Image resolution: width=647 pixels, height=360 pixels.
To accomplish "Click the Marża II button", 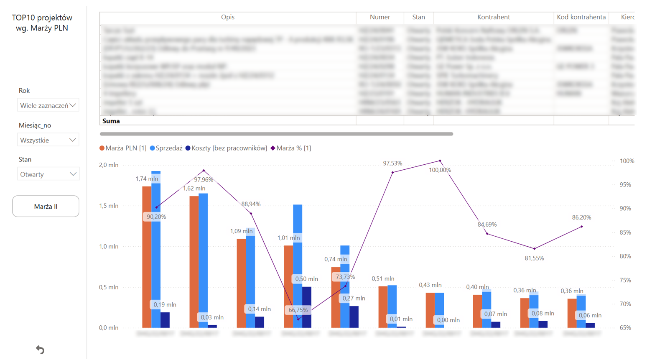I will pyautogui.click(x=46, y=206).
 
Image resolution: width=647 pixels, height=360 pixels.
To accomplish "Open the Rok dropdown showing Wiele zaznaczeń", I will pyautogui.click(x=48, y=105).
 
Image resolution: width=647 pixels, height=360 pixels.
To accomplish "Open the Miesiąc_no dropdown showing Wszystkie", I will pyautogui.click(x=48, y=140).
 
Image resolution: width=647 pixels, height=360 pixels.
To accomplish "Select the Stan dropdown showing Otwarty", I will pyautogui.click(x=48, y=174).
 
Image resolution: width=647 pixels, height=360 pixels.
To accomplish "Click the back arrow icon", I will pyautogui.click(x=40, y=350).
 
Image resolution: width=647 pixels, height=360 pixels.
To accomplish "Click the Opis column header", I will pyautogui.click(x=227, y=17).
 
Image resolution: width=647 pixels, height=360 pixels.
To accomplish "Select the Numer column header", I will pyautogui.click(x=380, y=17).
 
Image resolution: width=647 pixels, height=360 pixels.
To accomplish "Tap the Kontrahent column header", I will pyautogui.click(x=493, y=17).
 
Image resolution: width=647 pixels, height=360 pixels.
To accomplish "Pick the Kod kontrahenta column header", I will pyautogui.click(x=581, y=17).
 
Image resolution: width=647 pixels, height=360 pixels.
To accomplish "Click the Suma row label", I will pyautogui.click(x=111, y=121).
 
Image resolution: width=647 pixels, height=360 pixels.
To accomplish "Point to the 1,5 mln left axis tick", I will pyautogui.click(x=109, y=206).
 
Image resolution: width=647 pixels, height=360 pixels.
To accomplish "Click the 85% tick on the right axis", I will pyautogui.click(x=625, y=232).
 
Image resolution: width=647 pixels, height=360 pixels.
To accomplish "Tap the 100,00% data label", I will pyautogui.click(x=440, y=170).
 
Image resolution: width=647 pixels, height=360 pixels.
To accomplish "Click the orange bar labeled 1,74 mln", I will pyautogui.click(x=147, y=259).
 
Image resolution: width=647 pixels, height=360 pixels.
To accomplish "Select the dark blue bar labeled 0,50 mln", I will pyautogui.click(x=307, y=307).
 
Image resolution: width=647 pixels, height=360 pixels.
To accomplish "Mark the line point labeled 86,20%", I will pyautogui.click(x=582, y=227).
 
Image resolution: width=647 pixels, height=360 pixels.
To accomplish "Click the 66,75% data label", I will pyautogui.click(x=298, y=310).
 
